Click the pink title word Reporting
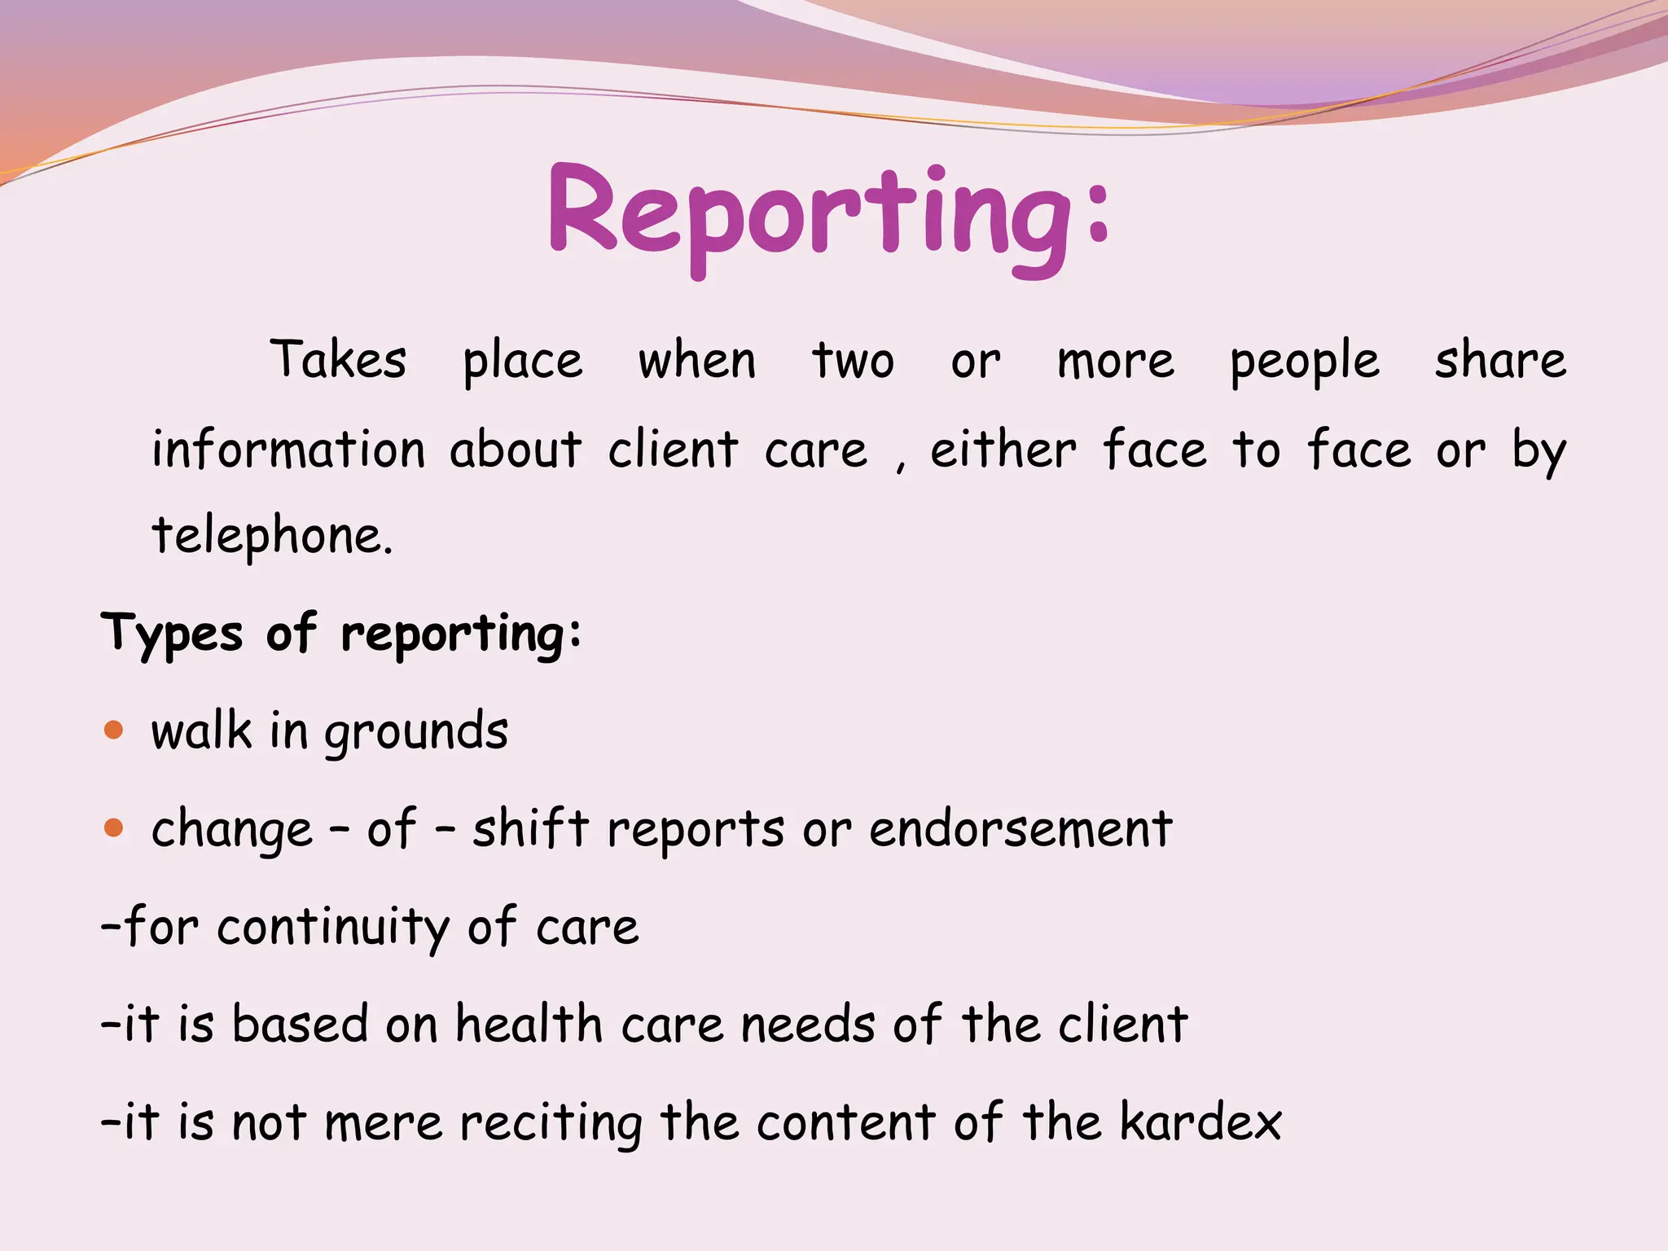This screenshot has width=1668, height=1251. click(x=827, y=213)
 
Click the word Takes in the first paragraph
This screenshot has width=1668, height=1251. click(x=338, y=360)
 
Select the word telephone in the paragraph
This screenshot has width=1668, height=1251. click(x=271, y=535)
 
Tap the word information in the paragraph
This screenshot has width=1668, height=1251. click(x=288, y=450)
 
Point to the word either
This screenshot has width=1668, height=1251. click(x=1003, y=450)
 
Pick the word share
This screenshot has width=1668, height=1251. click(x=1500, y=360)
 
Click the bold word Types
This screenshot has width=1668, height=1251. click(x=172, y=634)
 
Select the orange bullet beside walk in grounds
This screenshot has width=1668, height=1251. click(x=114, y=729)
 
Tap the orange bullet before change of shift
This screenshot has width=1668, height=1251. click(x=114, y=828)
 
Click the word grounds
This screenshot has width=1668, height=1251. click(x=416, y=732)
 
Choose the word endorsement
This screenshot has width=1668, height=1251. click(x=1021, y=829)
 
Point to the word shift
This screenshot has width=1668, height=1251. click(x=530, y=828)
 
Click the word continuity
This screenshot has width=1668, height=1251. click(x=332, y=928)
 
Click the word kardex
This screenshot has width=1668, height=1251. click(x=1200, y=1122)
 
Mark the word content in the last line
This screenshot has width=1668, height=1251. click(x=845, y=1122)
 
